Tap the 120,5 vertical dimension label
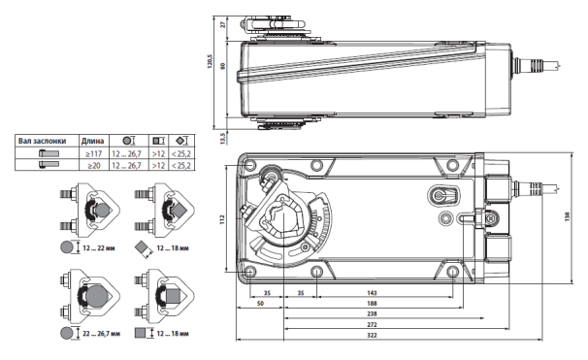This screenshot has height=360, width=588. (209, 62)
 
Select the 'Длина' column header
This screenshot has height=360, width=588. (93, 140)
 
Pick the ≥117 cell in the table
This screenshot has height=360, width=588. (93, 152)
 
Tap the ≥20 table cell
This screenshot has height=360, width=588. (93, 164)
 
